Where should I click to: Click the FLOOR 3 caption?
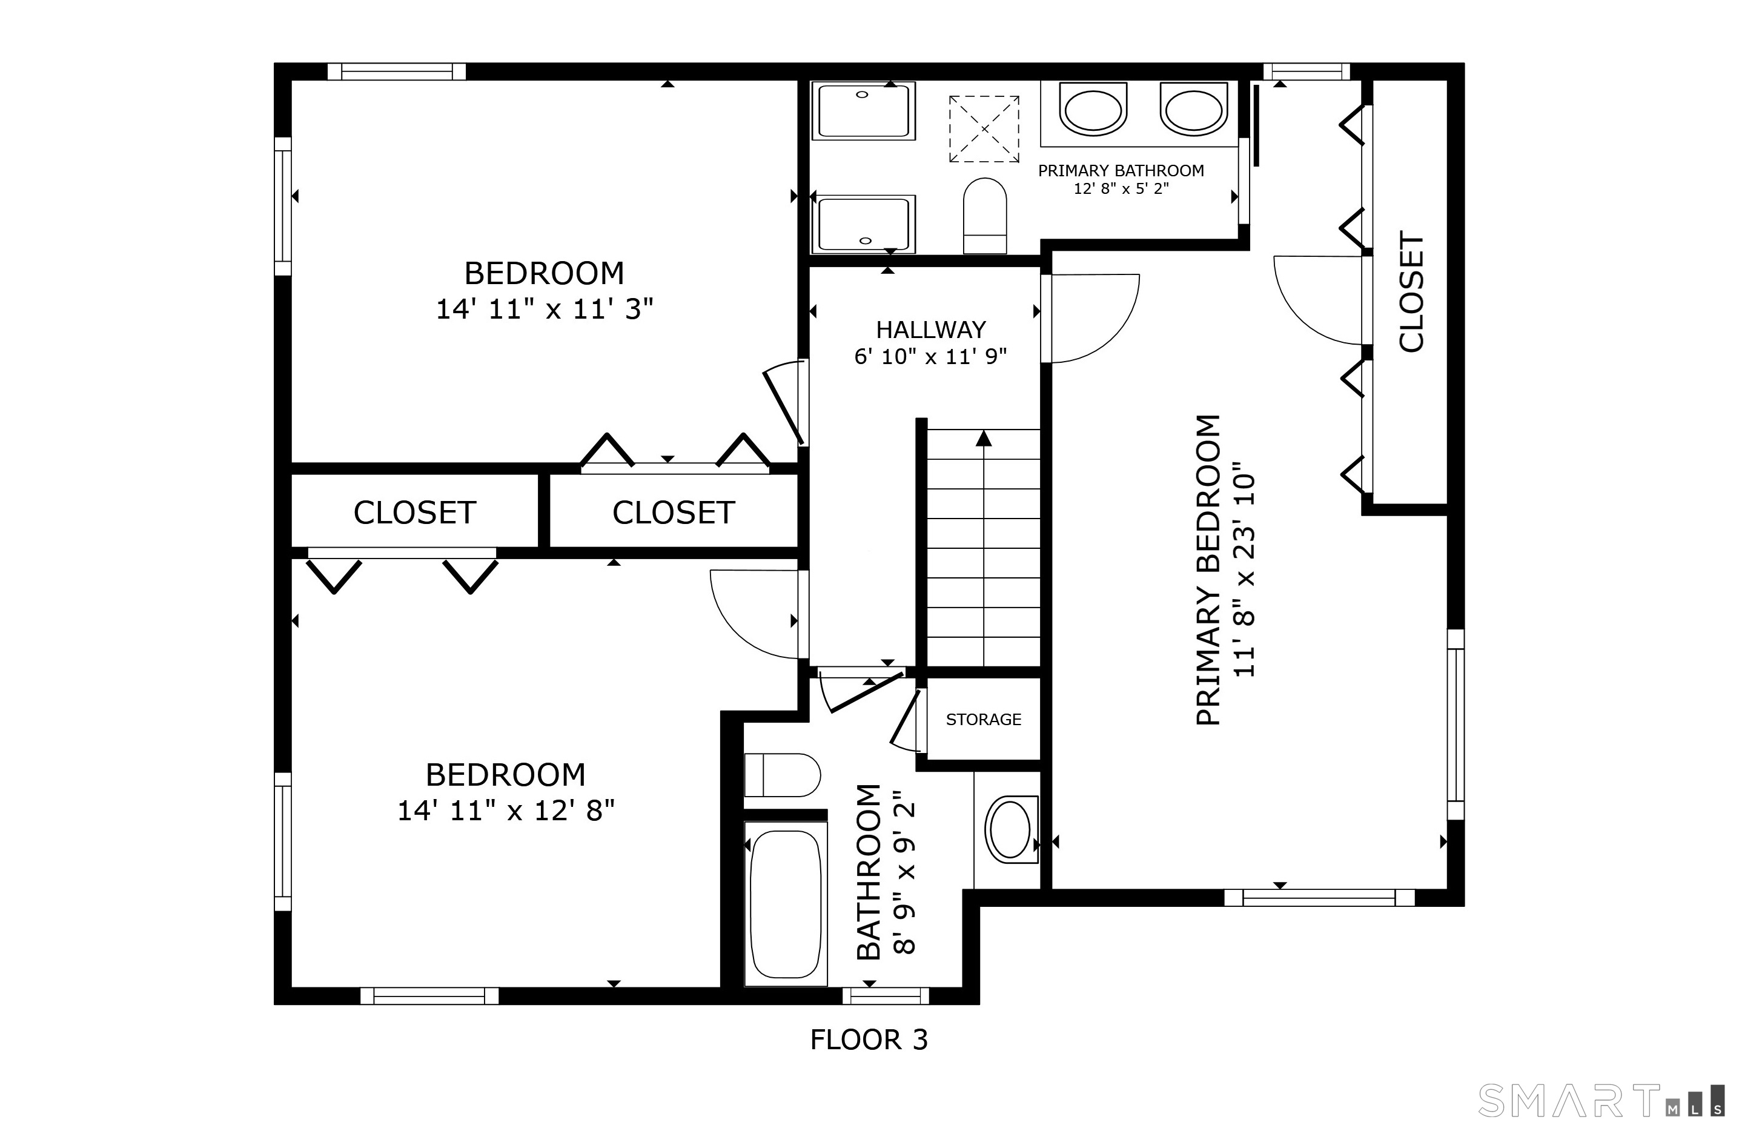pyautogui.click(x=869, y=1040)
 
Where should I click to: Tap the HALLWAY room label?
pyautogui.click(x=931, y=330)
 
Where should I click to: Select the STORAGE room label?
pyautogui.click(x=984, y=720)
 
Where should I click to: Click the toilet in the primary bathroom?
pyautogui.click(x=985, y=216)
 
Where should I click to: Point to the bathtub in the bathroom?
pyautogui.click(x=786, y=904)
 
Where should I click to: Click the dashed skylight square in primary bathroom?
pyautogui.click(x=984, y=128)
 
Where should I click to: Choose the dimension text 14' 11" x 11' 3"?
pyautogui.click(x=545, y=309)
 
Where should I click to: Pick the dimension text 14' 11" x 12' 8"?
pyautogui.click(x=506, y=811)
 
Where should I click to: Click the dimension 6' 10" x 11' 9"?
pyautogui.click(x=931, y=357)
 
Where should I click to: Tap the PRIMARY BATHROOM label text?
pyautogui.click(x=1121, y=171)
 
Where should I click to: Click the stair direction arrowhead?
pyautogui.click(x=984, y=439)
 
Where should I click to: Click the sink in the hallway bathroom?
pyautogui.click(x=1010, y=830)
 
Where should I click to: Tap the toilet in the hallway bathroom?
pyautogui.click(x=783, y=775)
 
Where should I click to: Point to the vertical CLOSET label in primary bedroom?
pyautogui.click(x=1412, y=292)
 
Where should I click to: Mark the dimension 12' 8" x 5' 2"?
pyautogui.click(x=1121, y=189)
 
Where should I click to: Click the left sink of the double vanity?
pyautogui.click(x=1093, y=110)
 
